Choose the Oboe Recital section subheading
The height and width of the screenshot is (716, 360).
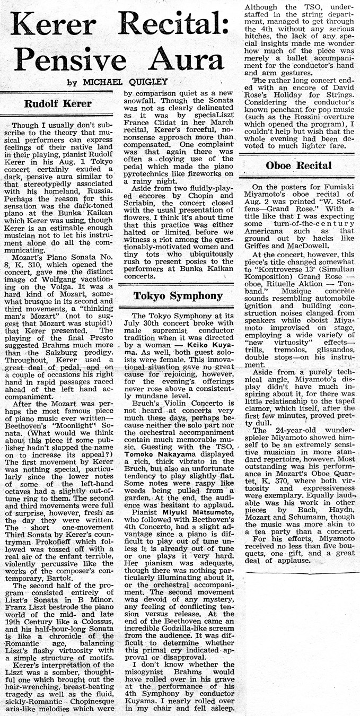pyautogui.click(x=298, y=165)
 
